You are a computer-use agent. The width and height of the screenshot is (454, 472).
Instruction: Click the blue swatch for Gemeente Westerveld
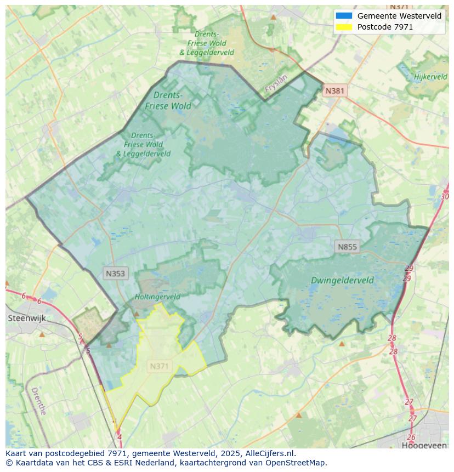tap(344, 16)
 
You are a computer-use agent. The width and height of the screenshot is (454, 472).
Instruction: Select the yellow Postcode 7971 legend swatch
tap(344, 27)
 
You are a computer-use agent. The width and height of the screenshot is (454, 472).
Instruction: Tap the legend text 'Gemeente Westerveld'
tap(399, 16)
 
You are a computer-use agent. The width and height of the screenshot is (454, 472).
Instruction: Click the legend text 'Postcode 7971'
tap(385, 27)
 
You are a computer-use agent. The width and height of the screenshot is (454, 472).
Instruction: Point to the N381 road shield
tap(335, 91)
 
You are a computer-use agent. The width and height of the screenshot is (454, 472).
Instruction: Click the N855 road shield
tap(347, 247)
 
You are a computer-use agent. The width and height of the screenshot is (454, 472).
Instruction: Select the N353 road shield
tap(115, 273)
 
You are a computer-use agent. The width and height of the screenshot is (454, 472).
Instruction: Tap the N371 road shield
tap(160, 366)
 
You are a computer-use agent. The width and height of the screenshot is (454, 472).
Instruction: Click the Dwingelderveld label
tap(342, 280)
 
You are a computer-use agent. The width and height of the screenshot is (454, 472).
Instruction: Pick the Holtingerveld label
tap(157, 297)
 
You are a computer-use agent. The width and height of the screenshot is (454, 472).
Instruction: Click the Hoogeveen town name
tap(424, 446)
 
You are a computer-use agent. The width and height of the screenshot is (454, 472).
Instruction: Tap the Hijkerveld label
tap(431, 77)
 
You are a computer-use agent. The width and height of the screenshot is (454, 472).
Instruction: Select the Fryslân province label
tap(276, 83)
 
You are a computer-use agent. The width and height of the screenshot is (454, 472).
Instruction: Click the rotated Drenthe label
tap(38, 401)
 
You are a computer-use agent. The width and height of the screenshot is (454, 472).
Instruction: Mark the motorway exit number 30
tap(444, 196)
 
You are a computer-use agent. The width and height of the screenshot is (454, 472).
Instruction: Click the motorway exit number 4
tap(120, 437)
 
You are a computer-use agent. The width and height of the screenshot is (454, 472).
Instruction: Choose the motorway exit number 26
tap(411, 437)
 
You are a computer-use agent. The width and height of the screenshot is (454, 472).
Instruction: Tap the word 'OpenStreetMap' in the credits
tap(297, 463)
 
